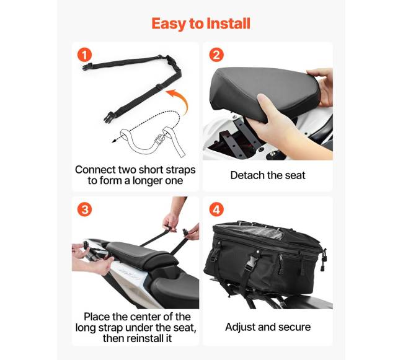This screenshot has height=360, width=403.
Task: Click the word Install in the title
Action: coord(228,24)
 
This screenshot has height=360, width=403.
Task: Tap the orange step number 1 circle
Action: coord(84,55)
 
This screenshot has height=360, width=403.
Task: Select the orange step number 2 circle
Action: coord(216,55)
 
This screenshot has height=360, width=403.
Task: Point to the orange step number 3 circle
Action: coord(84,209)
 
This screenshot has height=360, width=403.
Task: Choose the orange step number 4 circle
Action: coord(216,209)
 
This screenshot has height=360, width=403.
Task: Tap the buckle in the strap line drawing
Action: coord(160,140)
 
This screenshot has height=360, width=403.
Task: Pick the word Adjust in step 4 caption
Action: coord(240,327)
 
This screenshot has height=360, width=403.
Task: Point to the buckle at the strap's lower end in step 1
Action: coord(109,117)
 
